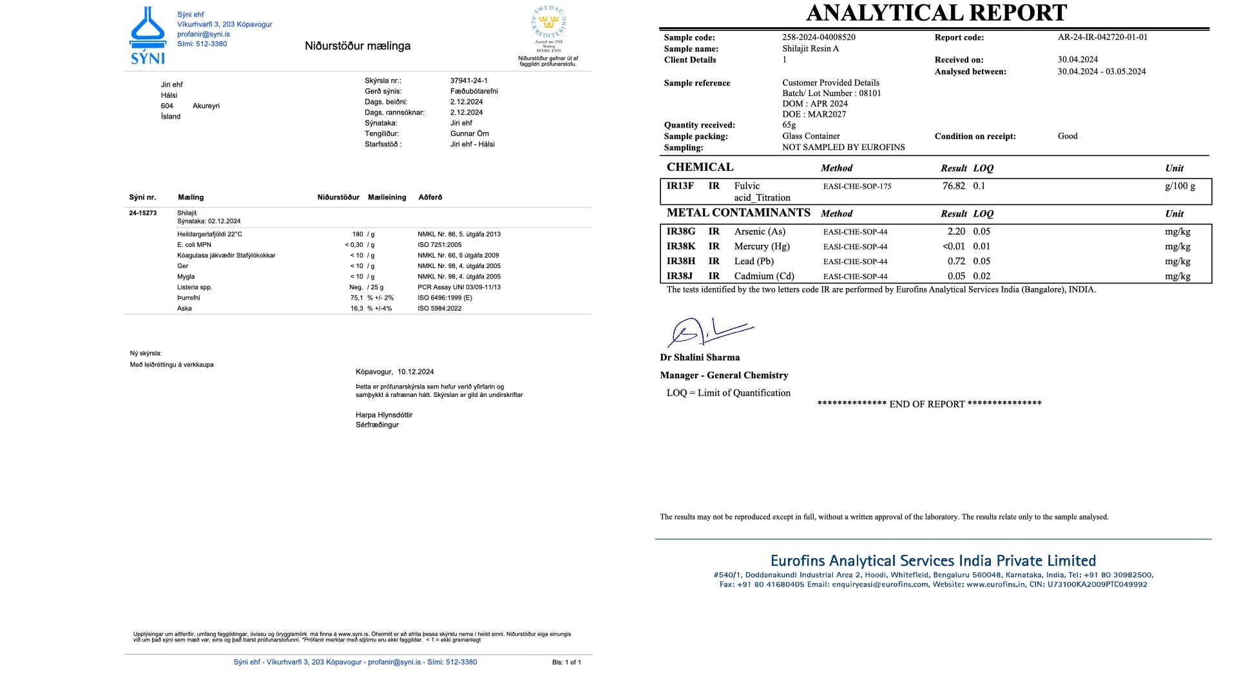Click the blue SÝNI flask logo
click(x=148, y=35)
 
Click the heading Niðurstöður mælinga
click(x=358, y=46)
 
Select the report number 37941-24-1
click(x=468, y=81)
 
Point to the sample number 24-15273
click(x=142, y=213)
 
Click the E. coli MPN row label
click(x=194, y=245)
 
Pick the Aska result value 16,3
click(x=356, y=309)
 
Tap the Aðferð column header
click(x=430, y=197)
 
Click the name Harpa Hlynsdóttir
click(x=384, y=415)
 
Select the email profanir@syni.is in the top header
click(x=204, y=34)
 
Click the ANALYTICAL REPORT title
click(x=936, y=13)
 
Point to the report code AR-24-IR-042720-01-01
click(x=1102, y=37)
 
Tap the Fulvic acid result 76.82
click(x=954, y=186)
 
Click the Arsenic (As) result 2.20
click(x=956, y=231)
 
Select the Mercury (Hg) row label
click(x=762, y=246)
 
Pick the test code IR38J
click(x=680, y=276)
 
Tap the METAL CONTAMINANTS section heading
click(x=738, y=213)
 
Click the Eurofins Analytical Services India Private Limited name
click(x=933, y=561)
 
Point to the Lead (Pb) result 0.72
click(x=956, y=261)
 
